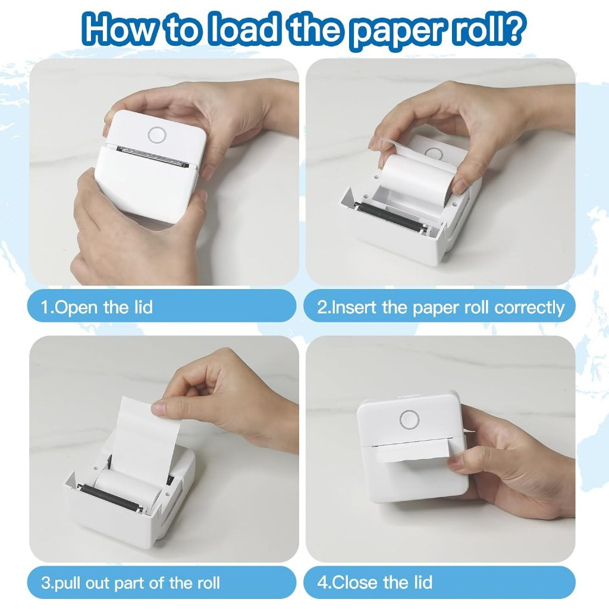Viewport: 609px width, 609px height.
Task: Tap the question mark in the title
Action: [x=514, y=27]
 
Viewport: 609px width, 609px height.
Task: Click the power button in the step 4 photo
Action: [x=409, y=419]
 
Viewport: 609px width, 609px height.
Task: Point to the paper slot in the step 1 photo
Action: [x=153, y=156]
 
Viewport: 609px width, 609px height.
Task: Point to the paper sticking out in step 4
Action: [x=412, y=453]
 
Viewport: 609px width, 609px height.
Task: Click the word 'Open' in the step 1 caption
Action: [x=77, y=307]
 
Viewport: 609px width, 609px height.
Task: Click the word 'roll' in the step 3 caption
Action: [x=209, y=583]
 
